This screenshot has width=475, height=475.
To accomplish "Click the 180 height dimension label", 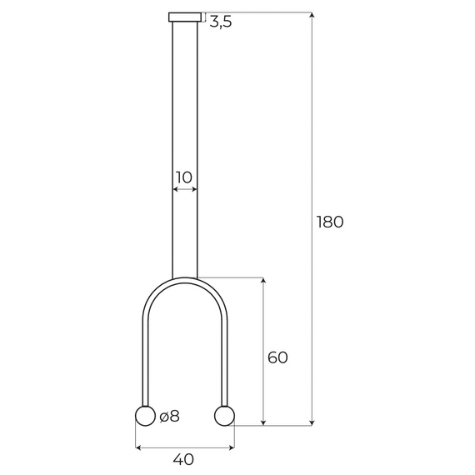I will click(330, 222).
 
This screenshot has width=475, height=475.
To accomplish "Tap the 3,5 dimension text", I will click(220, 22).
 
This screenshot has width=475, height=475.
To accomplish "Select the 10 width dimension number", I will click(184, 177).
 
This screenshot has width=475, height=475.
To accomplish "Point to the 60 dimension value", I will click(277, 357).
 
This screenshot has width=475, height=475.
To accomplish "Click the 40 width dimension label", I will click(184, 459).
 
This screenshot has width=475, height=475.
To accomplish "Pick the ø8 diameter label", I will click(169, 416).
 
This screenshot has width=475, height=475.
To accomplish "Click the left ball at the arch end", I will click(145, 416).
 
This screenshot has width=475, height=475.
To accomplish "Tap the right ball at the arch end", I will click(224, 415).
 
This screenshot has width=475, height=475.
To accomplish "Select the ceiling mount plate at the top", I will click(185, 17).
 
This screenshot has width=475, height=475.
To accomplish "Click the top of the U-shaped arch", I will click(185, 281).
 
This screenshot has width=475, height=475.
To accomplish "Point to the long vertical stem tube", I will click(185, 125).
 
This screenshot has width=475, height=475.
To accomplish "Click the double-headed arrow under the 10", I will click(185, 190).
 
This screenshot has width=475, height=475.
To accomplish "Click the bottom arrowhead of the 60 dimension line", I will click(263, 422).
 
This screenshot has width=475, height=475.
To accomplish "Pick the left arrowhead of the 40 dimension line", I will click(138, 447).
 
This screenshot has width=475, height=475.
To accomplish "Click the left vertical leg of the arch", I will click(146, 358).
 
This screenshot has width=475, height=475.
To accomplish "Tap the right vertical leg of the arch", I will click(224, 358).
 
